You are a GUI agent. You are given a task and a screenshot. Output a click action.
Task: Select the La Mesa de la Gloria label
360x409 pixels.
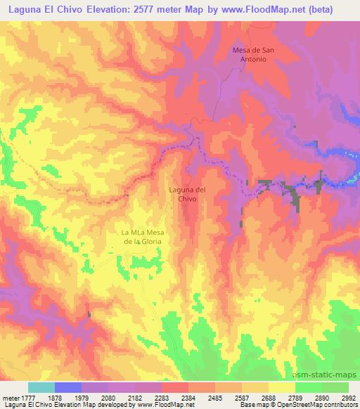pos(142,236)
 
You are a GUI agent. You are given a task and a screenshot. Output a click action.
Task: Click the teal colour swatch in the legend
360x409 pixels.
pos(41,387)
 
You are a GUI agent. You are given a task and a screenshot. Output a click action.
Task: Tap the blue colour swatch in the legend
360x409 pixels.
pos(67,387)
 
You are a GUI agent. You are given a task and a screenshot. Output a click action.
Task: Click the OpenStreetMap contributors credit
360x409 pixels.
pos(316,405)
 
